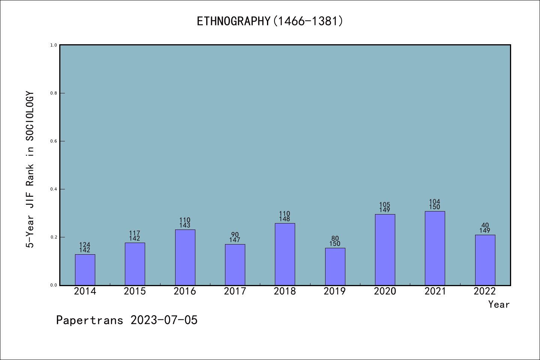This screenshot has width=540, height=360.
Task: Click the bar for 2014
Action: (x=85, y=270)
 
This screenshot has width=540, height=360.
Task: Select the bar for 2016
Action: (x=185, y=257)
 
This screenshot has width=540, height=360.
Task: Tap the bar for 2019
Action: (x=335, y=267)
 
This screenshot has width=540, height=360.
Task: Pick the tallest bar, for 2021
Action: (x=435, y=248)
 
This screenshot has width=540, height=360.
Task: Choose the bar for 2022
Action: (x=485, y=260)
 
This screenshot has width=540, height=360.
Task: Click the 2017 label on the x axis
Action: (x=235, y=291)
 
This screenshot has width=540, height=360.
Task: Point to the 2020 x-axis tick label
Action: (x=385, y=291)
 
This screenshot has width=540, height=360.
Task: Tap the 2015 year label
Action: (x=135, y=291)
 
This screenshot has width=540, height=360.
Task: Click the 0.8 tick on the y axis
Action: (x=54, y=93)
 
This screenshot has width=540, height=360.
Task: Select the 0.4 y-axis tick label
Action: (x=54, y=189)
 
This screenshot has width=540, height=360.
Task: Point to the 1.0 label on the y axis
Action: (x=54, y=45)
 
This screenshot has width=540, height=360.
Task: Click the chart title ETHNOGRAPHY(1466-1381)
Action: (x=270, y=21)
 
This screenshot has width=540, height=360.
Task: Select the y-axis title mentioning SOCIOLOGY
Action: (x=30, y=169)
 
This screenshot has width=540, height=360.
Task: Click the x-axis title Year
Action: (x=499, y=304)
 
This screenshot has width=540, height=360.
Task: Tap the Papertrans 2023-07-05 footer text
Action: (x=127, y=320)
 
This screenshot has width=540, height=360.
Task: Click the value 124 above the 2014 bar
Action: (x=85, y=245)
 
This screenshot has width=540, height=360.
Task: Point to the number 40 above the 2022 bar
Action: (x=485, y=225)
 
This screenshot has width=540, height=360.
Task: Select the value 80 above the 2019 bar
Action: (x=335, y=238)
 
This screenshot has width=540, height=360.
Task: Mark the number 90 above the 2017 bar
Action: (x=235, y=235)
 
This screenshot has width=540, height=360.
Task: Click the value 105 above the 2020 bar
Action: (x=385, y=205)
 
